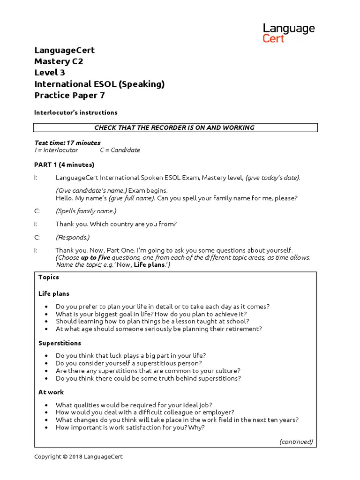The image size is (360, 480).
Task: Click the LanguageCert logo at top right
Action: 288,33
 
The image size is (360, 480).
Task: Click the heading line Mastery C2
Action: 59,61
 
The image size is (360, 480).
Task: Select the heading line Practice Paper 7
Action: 69,95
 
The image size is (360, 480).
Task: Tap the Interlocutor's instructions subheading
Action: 75,112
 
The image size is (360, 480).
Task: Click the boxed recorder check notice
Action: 175,127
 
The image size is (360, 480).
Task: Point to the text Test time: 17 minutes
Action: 67,142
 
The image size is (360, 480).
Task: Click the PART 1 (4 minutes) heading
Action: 64,165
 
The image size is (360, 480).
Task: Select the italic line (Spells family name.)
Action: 86,211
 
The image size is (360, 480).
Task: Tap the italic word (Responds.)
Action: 72,237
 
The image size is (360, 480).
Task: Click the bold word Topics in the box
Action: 49,277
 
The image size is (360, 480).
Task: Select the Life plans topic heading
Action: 53,293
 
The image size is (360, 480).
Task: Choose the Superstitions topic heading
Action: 60,343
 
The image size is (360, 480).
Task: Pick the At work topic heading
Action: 51,392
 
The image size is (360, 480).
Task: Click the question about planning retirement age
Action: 158,329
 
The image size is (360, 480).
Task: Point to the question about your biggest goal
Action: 151,314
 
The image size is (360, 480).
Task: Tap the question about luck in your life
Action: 130,356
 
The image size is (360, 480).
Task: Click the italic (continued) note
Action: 296,442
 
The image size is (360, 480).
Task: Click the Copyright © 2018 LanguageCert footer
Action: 78,457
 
